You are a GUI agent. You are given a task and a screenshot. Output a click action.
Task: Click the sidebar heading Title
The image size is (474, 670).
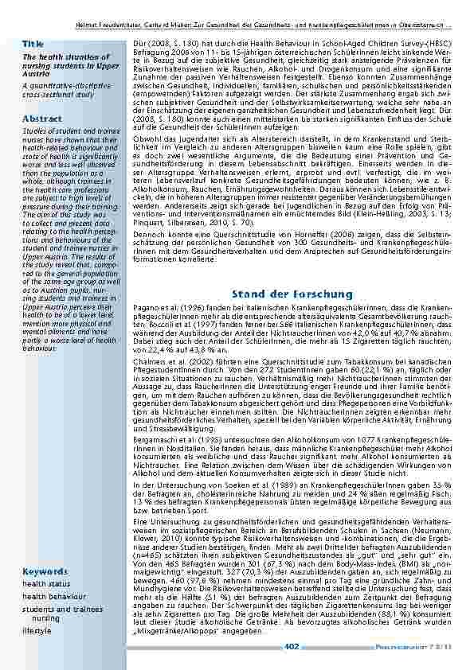click(33, 42)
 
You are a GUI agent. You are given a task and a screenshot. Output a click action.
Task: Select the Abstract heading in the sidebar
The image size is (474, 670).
click(42, 118)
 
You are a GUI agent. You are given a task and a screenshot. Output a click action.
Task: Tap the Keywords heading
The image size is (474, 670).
click(45, 571)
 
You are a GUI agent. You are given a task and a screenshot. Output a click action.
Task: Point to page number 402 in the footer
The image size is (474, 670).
click(292, 646)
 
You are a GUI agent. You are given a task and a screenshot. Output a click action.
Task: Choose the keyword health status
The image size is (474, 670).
click(46, 583)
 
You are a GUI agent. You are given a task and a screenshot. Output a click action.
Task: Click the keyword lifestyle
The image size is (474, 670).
click(36, 629)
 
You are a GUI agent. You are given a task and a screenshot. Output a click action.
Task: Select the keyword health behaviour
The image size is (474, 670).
click(53, 595)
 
